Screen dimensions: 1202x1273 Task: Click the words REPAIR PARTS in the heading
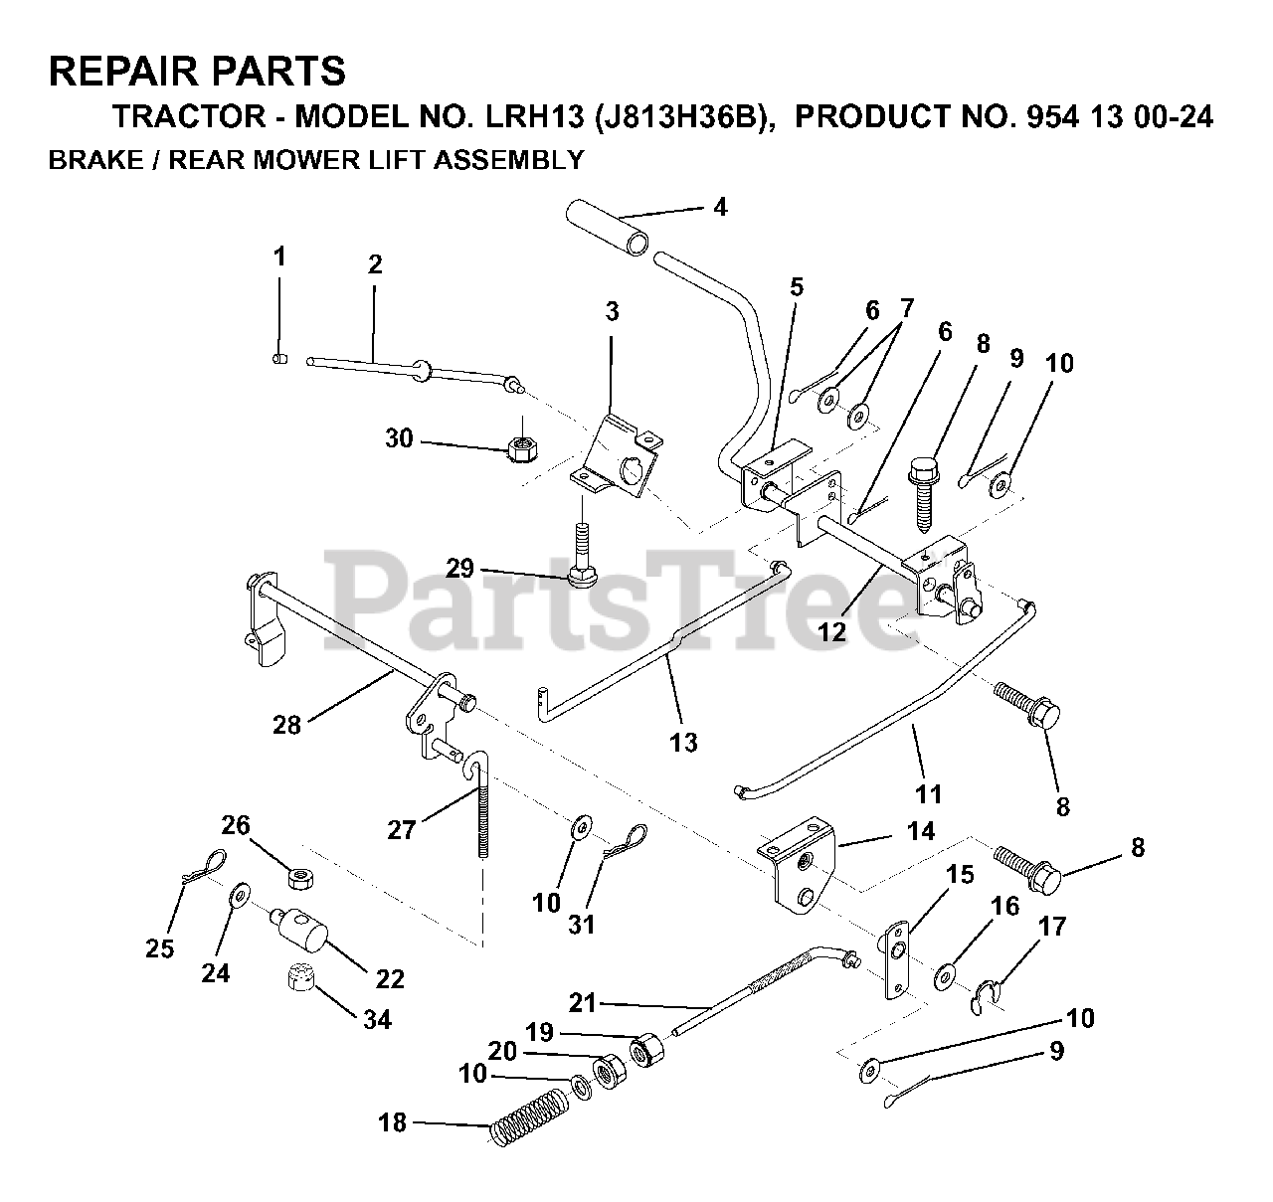197,72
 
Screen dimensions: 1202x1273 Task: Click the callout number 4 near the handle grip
720,207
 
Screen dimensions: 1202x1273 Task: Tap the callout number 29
459,569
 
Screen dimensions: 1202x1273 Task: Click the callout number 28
286,725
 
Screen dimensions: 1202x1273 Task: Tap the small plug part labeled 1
279,358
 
